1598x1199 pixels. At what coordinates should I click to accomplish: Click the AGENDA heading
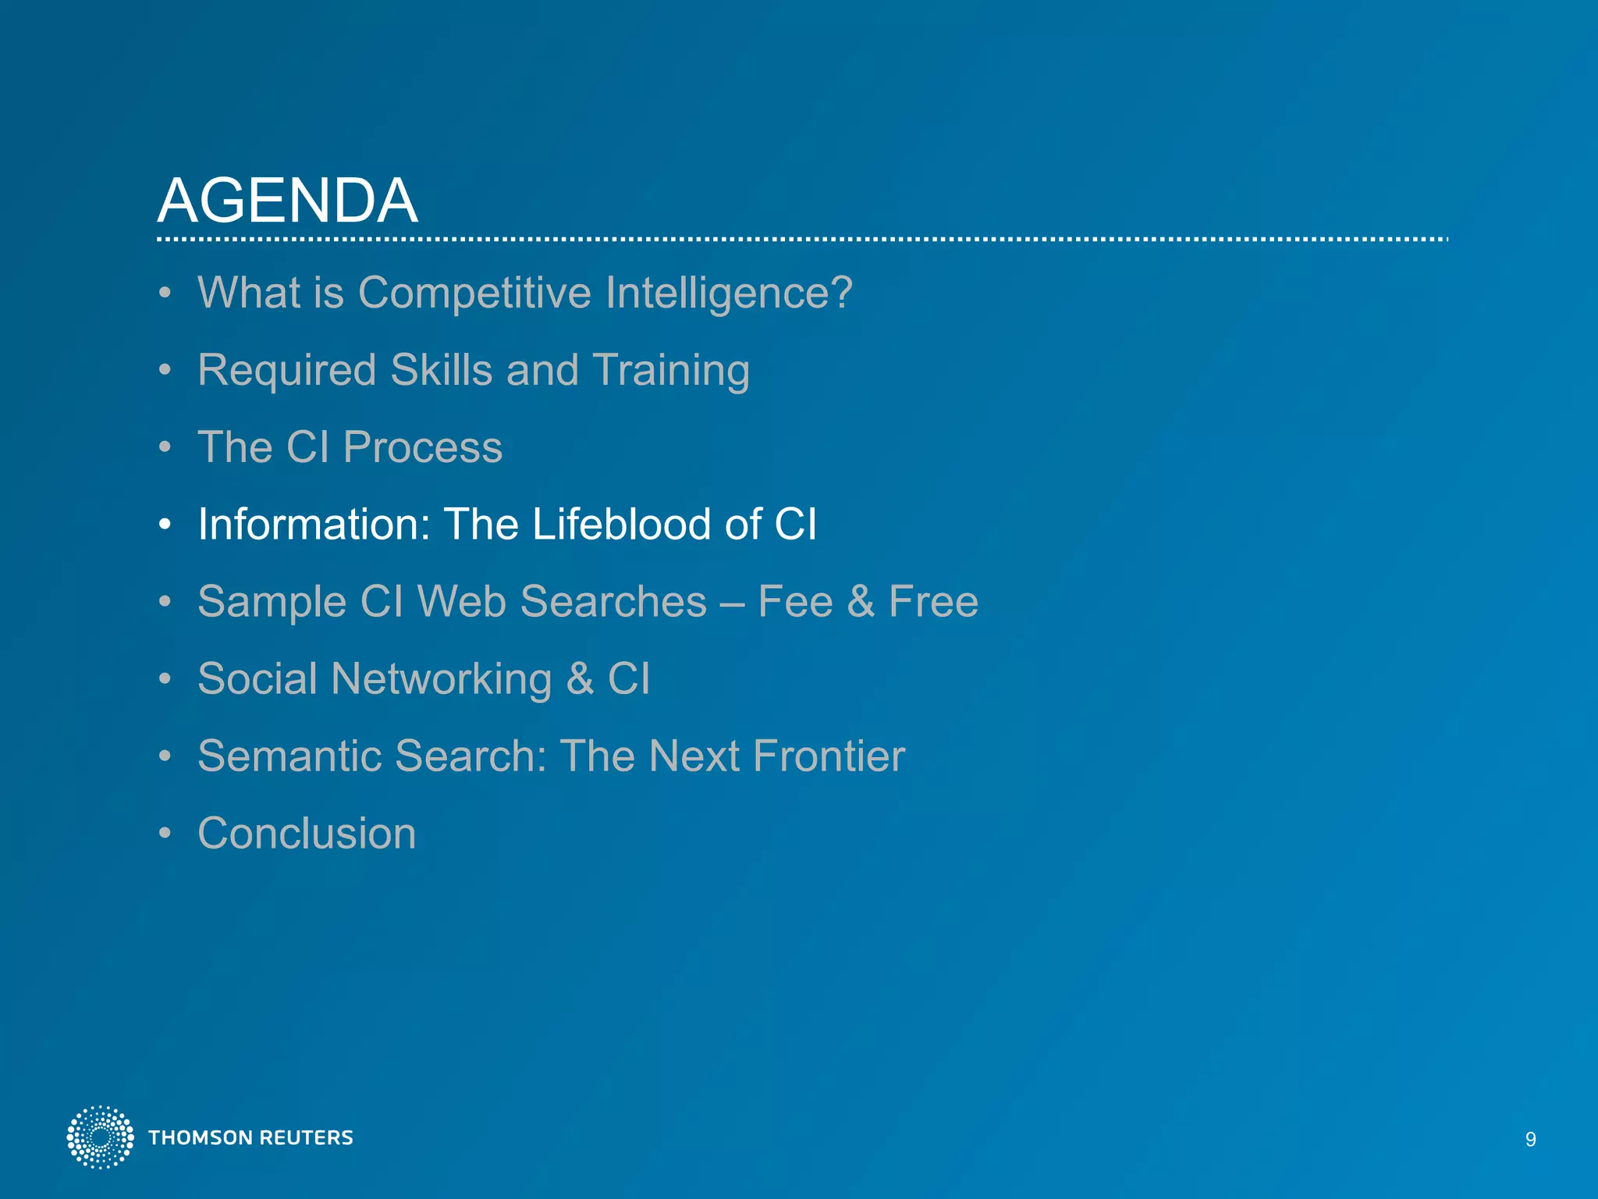[x=287, y=201]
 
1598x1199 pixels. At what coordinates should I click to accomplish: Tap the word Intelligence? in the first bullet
[x=729, y=294]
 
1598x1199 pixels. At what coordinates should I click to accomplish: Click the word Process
[x=422, y=447]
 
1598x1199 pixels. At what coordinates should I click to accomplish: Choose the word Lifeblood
[x=621, y=524]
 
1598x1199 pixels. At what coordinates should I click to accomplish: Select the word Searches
[x=613, y=602]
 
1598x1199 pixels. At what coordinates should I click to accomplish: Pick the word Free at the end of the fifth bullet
[x=933, y=602]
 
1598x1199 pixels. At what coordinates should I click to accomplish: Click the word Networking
[x=441, y=679]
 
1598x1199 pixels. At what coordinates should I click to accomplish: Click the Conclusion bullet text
[x=307, y=833]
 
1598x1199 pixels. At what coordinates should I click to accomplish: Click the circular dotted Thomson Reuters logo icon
[x=100, y=1137]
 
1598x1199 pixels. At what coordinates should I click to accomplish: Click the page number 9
[x=1530, y=1140]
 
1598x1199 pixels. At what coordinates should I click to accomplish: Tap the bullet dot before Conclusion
[x=164, y=834]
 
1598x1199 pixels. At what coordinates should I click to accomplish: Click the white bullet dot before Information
[x=164, y=525]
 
